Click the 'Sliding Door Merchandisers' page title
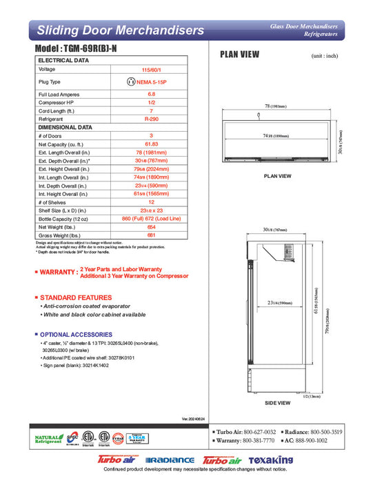(120, 30)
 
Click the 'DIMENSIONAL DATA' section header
(65, 127)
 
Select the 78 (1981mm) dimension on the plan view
(276, 106)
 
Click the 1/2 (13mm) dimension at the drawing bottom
(312, 397)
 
